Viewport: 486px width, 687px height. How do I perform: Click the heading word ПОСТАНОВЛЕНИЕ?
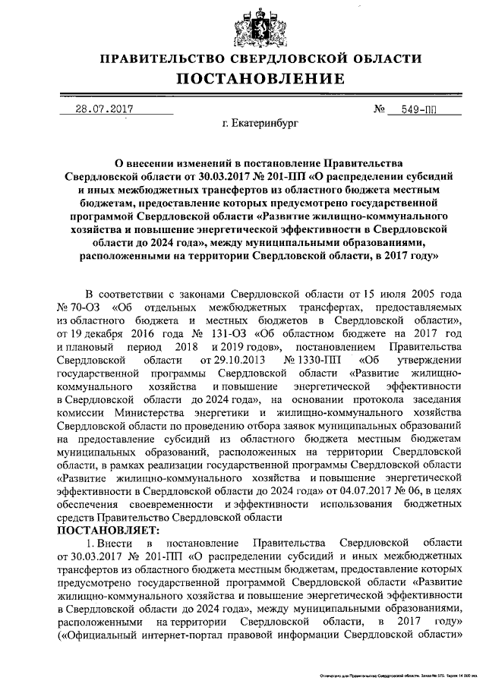pyautogui.click(x=261, y=78)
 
